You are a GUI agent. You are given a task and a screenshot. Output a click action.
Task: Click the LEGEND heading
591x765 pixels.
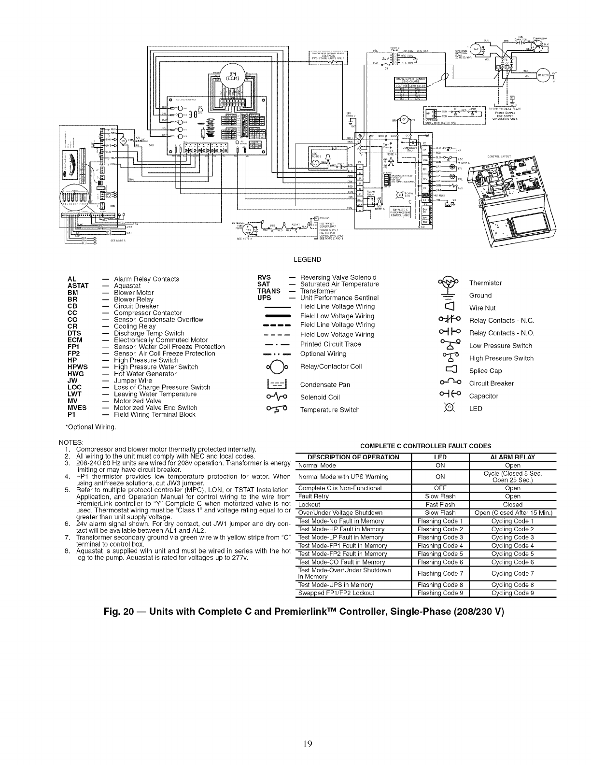click(307, 259)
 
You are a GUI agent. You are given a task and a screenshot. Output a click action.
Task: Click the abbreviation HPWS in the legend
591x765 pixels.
click(78, 367)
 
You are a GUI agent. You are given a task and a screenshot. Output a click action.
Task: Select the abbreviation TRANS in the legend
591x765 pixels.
click(268, 291)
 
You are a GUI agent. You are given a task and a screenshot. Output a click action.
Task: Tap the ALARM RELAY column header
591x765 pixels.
click(512, 457)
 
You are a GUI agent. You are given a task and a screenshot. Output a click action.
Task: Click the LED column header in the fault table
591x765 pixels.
click(440, 457)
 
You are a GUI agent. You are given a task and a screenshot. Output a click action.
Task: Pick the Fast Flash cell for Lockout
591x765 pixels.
click(440, 504)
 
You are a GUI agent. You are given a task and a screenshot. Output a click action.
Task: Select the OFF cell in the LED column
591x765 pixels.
click(440, 488)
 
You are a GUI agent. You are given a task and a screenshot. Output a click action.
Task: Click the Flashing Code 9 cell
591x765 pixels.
click(440, 593)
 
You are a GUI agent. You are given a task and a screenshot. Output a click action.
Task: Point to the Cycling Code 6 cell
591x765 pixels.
click(512, 562)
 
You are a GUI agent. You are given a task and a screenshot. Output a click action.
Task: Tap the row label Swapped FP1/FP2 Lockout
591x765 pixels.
click(336, 593)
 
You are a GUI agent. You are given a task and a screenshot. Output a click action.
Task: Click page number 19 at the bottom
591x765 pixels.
click(308, 744)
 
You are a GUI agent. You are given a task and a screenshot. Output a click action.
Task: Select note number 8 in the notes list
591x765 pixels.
click(67, 552)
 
